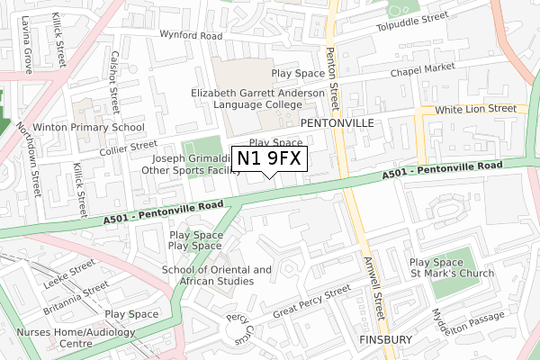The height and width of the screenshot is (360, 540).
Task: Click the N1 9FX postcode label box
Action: click(271, 159)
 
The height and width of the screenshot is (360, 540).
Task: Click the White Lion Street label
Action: click(475, 109)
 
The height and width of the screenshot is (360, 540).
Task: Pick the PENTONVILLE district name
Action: click(336, 121)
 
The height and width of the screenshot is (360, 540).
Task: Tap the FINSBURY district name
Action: click(384, 339)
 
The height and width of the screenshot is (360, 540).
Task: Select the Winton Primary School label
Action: click(89, 128)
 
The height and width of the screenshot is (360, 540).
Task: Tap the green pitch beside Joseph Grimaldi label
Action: click(201, 149)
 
